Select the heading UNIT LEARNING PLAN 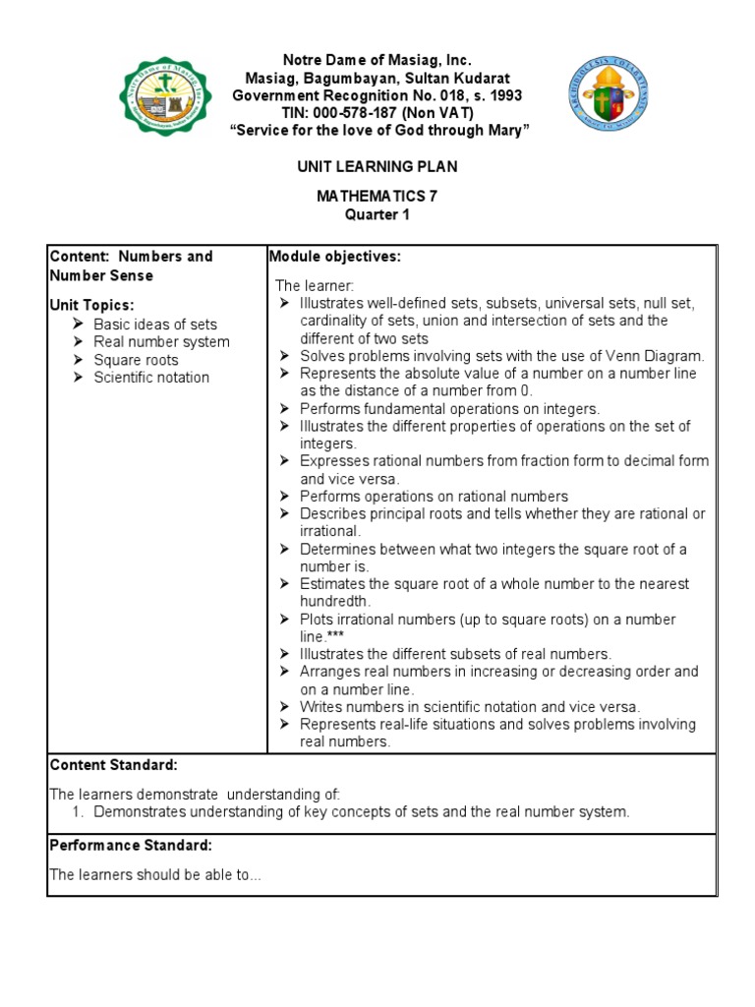pyautogui.click(x=377, y=167)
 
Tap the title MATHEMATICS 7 pyautogui.click(x=377, y=196)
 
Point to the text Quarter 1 pyautogui.click(x=377, y=214)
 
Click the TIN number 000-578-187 pyautogui.click(x=359, y=113)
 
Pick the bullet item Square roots pyautogui.click(x=136, y=360)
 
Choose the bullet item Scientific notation pyautogui.click(x=150, y=378)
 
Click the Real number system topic pyautogui.click(x=161, y=342)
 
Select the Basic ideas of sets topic pyautogui.click(x=155, y=325)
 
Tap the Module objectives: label pyautogui.click(x=334, y=257)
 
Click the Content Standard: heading pyautogui.click(x=113, y=765)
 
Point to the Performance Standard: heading pyautogui.click(x=130, y=846)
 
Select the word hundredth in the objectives pyautogui.click(x=335, y=601)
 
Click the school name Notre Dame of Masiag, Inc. pyautogui.click(x=377, y=60)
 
